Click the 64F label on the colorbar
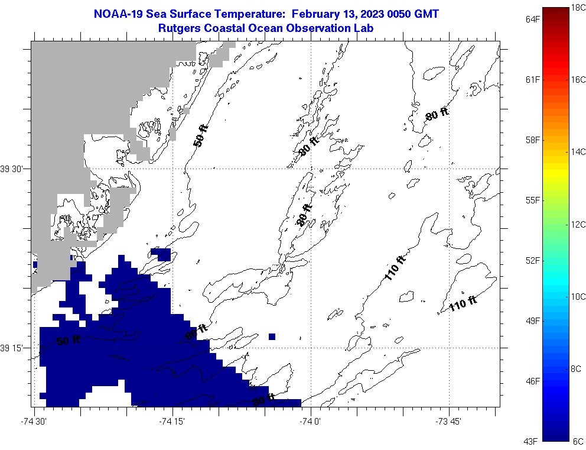pos(533,20)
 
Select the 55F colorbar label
pos(533,200)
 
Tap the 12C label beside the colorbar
pos(578,224)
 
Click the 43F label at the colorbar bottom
pos(533,441)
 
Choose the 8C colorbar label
pos(576,369)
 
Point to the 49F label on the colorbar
pos(533,320)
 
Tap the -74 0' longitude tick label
pos(310,421)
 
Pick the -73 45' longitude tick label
pos(448,421)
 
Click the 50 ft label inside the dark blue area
pos(69,340)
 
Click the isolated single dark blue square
pos(272,336)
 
